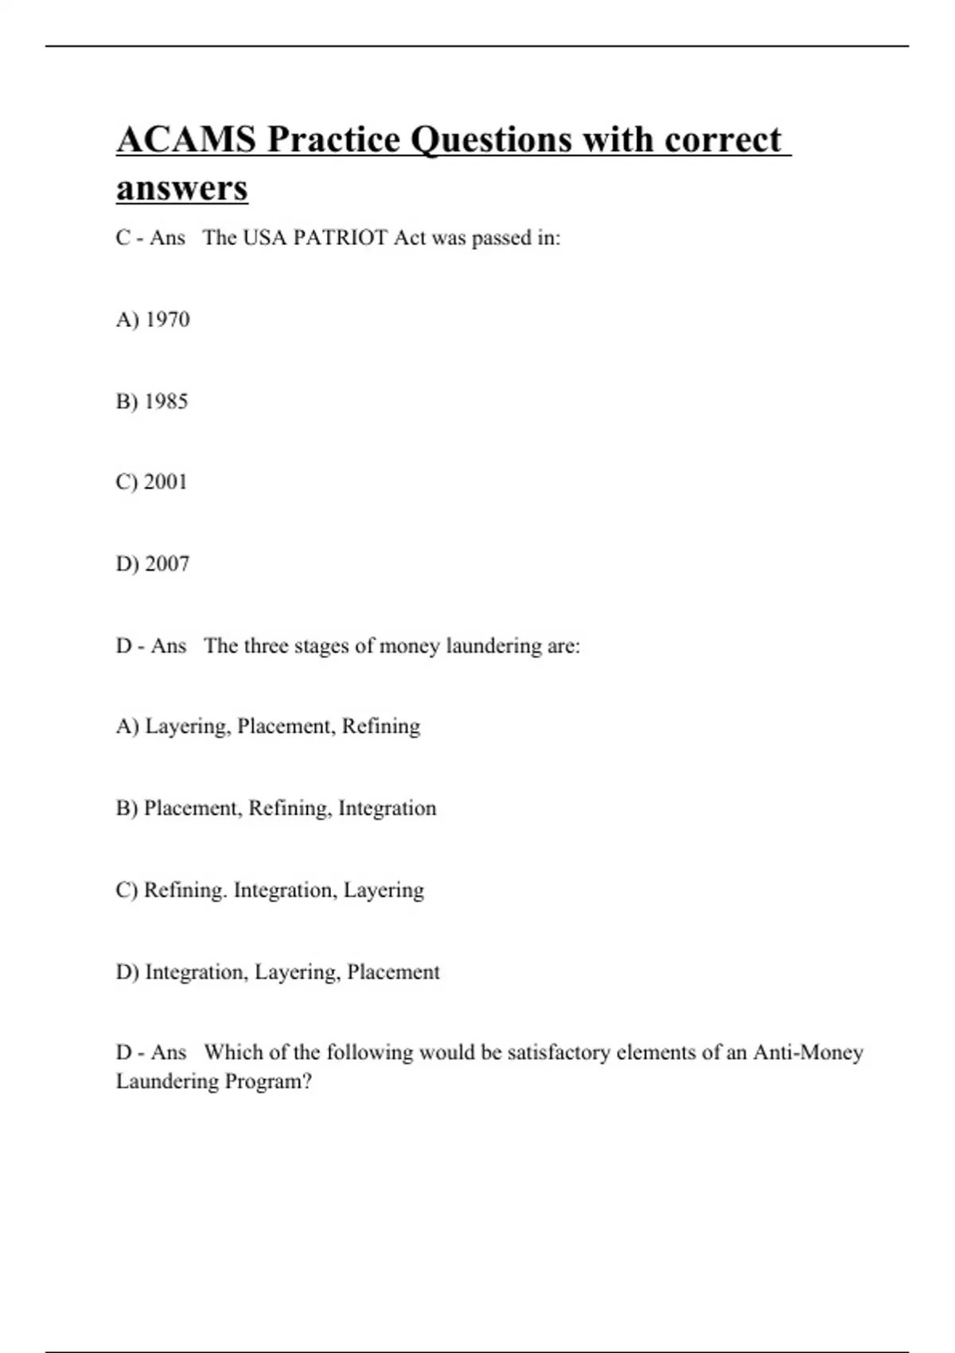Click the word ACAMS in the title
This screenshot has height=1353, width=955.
click(186, 140)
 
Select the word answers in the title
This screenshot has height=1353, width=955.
click(182, 189)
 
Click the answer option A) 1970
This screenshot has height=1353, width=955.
click(153, 319)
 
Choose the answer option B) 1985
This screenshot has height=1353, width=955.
click(152, 401)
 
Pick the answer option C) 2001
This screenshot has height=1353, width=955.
click(151, 482)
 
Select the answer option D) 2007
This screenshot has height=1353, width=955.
click(153, 564)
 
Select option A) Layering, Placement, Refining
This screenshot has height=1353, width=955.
click(268, 727)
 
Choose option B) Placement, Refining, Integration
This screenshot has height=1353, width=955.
click(276, 809)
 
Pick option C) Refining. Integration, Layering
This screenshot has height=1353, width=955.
click(270, 890)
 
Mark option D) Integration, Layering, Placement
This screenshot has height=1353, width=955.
click(278, 972)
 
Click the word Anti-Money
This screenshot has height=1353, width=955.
click(808, 1052)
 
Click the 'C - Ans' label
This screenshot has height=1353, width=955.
click(150, 238)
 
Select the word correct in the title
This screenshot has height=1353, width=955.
click(723, 140)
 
